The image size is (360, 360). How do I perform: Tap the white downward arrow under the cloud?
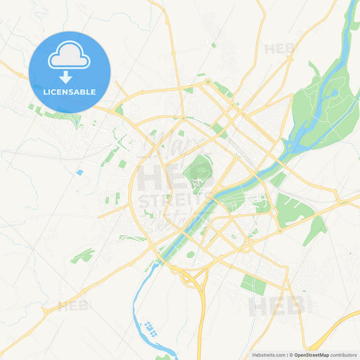pyautogui.click(x=70, y=77)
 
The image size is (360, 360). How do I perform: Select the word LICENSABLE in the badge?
pyautogui.click(x=70, y=92)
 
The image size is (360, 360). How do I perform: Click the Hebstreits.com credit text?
pyautogui.click(x=267, y=355)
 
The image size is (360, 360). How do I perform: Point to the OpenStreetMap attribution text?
pyautogui.click(x=311, y=355)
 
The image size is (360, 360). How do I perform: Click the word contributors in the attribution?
pyautogui.click(x=343, y=355)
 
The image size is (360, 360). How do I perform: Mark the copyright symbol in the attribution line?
pyautogui.click(x=291, y=355)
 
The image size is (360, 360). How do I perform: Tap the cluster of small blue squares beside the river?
pyautogui.click(x=151, y=330)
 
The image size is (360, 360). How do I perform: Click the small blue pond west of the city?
pyautogui.click(x=80, y=173)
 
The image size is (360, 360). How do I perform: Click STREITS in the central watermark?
pyautogui.click(x=169, y=201)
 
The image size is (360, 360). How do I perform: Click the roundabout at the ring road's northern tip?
pyautogui.click(x=208, y=82)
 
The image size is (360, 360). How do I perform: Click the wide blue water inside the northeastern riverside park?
pyautogui.click(x=330, y=88)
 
